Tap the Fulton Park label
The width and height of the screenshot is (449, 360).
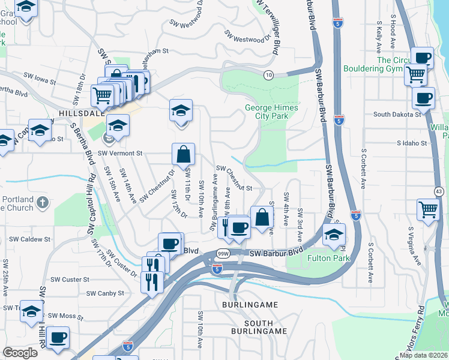tap(328, 258)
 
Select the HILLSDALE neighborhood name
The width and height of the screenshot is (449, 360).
tap(82, 113)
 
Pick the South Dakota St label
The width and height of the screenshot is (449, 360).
tap(397, 114)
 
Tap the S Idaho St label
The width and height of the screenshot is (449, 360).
tap(411, 143)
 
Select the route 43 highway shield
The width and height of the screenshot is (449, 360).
tap(439, 191)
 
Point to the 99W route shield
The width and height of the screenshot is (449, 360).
tap(221, 254)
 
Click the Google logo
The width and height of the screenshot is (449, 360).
tap(20, 352)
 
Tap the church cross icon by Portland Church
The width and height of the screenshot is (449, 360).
tap(42, 203)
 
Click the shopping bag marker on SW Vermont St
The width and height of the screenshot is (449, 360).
tap(184, 155)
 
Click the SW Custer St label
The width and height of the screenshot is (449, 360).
tap(70, 280)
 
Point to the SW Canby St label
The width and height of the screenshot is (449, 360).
tap(105, 293)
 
